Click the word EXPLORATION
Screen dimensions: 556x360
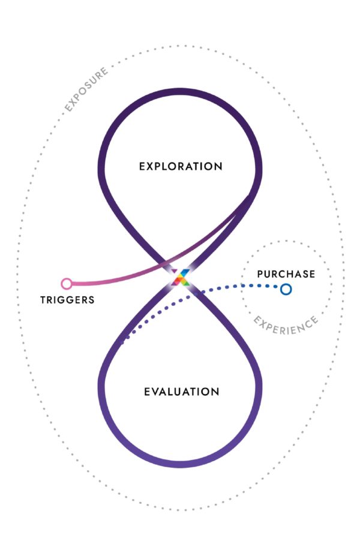click(180, 166)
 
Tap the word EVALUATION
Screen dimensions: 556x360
click(181, 392)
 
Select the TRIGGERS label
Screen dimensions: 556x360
click(67, 300)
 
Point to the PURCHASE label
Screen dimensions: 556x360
click(286, 274)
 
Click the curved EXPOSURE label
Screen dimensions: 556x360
click(86, 89)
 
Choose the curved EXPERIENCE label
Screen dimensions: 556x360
click(285, 325)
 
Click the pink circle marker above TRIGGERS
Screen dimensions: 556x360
click(67, 283)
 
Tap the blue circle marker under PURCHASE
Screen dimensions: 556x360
click(286, 289)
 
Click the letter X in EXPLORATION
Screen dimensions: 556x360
click(151, 166)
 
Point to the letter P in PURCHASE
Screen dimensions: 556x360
click(260, 274)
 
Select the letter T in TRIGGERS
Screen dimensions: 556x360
click(43, 300)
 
